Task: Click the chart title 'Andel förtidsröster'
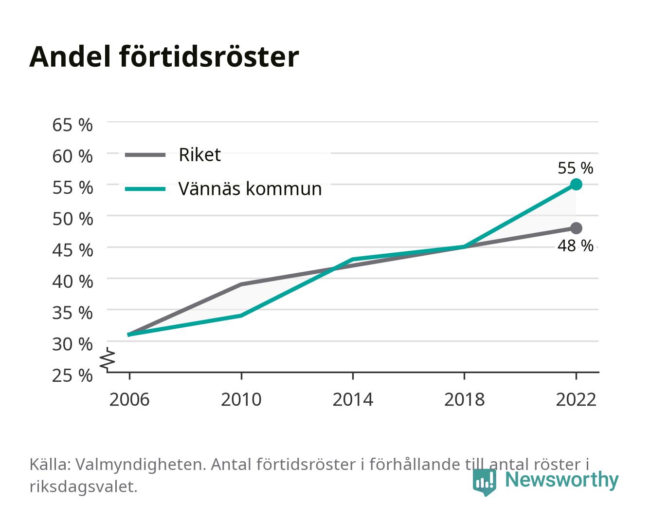(x=164, y=57)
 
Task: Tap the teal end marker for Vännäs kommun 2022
(x=576, y=184)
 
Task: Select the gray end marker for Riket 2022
(x=576, y=228)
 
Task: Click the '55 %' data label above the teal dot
(x=575, y=168)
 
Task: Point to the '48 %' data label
(x=575, y=245)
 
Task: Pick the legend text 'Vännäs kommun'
(x=250, y=189)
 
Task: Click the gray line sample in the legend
(x=145, y=155)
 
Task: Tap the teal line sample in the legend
(x=145, y=189)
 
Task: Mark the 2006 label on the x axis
(x=129, y=399)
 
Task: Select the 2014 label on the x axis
(x=353, y=399)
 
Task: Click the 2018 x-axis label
(x=464, y=399)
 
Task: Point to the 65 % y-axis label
(x=72, y=125)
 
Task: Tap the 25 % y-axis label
(x=72, y=376)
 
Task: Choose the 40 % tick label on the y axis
(x=72, y=282)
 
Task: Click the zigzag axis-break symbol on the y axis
(x=108, y=359)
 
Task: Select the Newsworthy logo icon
(x=484, y=482)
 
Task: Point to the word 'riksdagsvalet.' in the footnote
(x=83, y=487)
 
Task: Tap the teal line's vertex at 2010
(x=241, y=316)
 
